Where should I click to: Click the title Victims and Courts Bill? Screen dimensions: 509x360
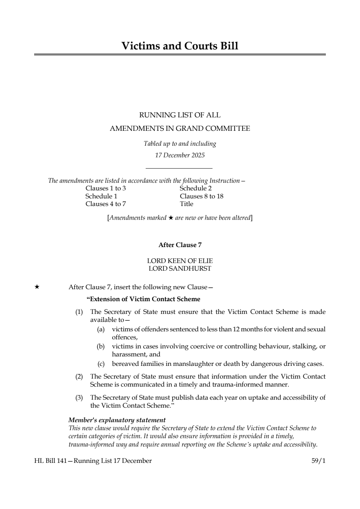pyautogui.click(x=180, y=46)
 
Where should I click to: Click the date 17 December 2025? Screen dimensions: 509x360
pyautogui.click(x=180, y=155)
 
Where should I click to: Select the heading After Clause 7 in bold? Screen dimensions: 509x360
pyautogui.click(x=180, y=245)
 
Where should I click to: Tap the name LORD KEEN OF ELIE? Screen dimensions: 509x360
pyautogui.click(x=180, y=261)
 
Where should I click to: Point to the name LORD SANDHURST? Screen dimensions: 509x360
pyautogui.click(x=180, y=268)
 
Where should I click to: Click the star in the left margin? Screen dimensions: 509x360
pyautogui.click(x=37, y=287)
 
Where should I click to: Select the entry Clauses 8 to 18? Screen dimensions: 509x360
pyautogui.click(x=202, y=196)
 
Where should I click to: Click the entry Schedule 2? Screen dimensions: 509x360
pyautogui.click(x=195, y=188)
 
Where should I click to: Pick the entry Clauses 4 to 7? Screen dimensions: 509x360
pyautogui.click(x=106, y=204)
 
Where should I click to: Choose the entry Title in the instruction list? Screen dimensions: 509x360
pyautogui.click(x=186, y=204)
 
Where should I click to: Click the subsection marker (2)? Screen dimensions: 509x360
pyautogui.click(x=79, y=376)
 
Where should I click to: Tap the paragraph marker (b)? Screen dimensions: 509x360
pyautogui.click(x=101, y=346)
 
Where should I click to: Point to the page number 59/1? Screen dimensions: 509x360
pyautogui.click(x=319, y=461)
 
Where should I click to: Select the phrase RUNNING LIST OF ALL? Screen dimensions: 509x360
pyautogui.click(x=180, y=115)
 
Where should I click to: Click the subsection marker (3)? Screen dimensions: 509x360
pyautogui.click(x=79, y=397)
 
